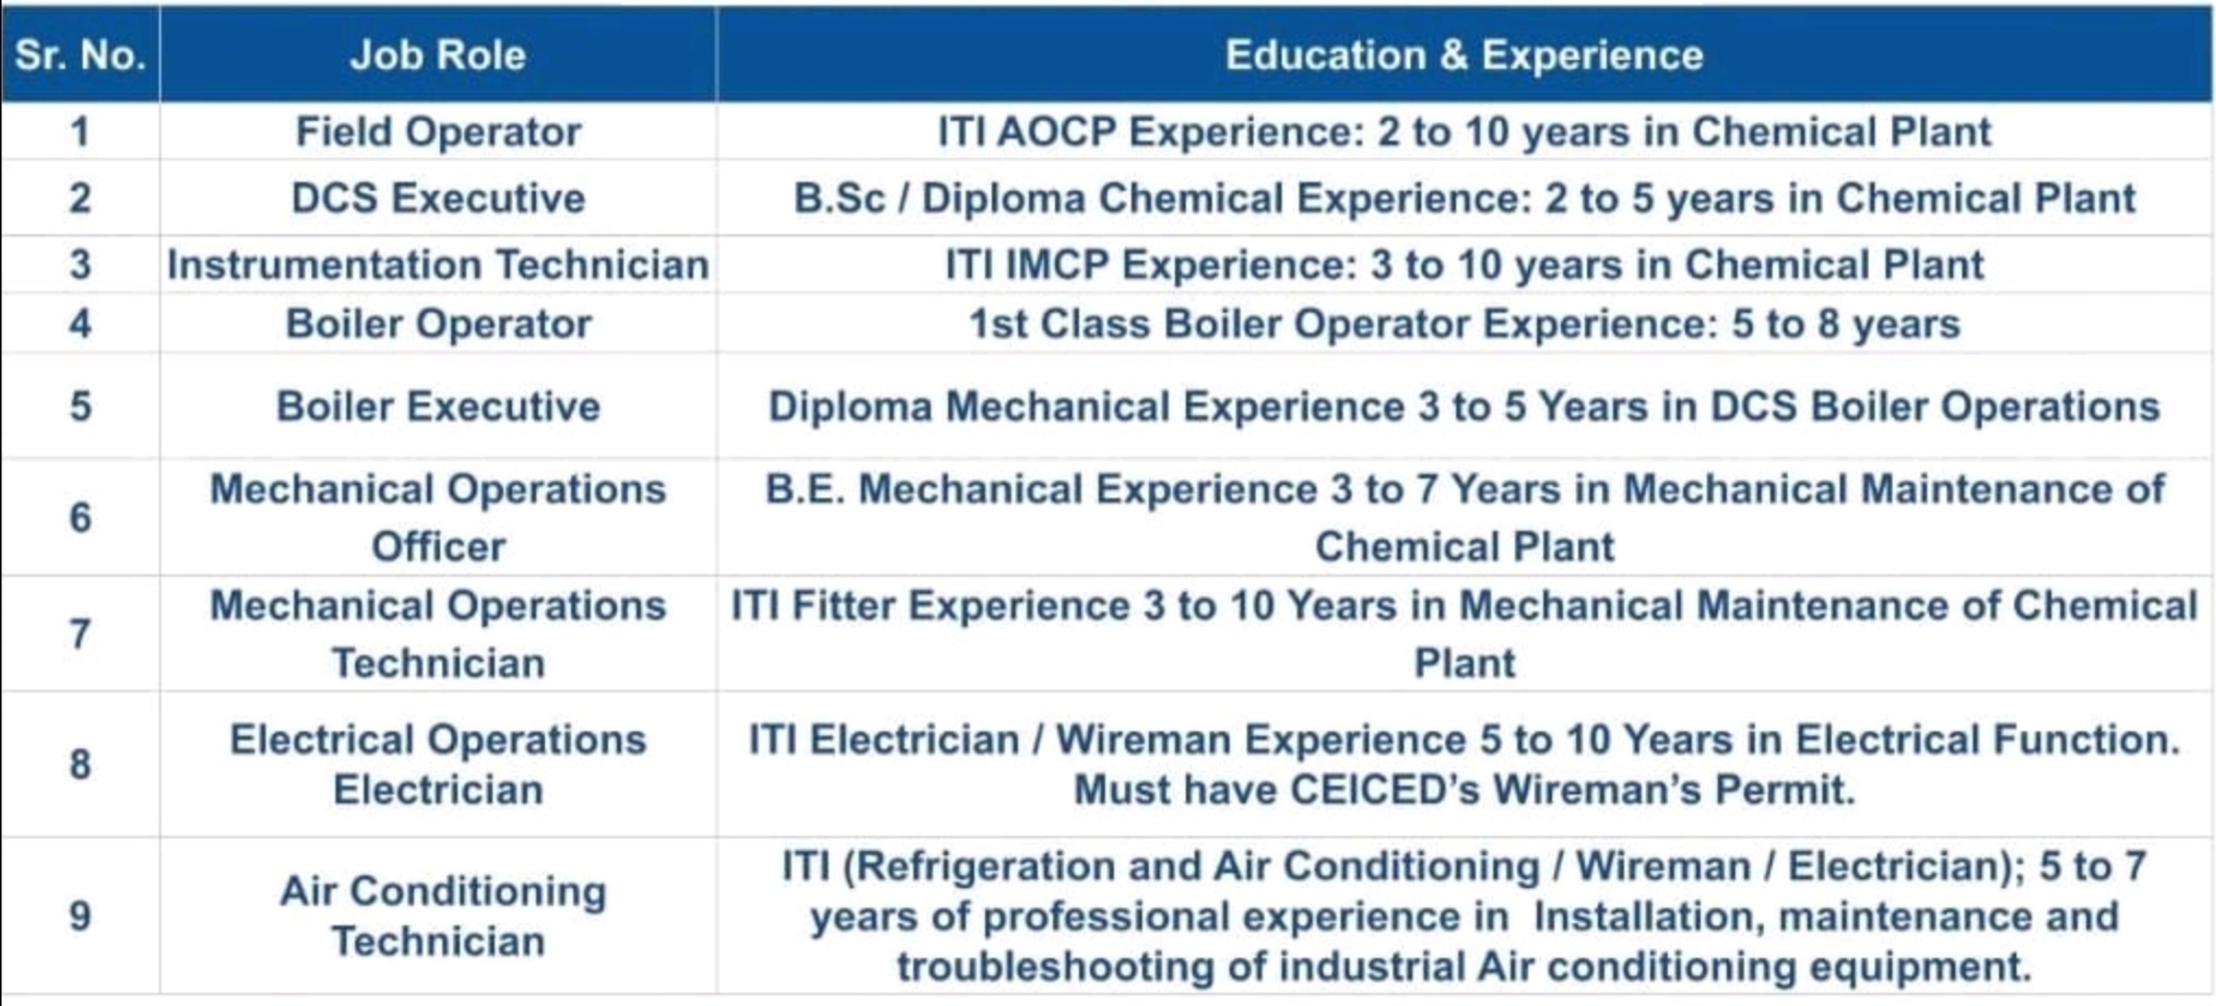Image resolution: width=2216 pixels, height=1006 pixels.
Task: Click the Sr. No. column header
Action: click(80, 55)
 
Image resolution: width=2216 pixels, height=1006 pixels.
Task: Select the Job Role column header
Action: click(438, 55)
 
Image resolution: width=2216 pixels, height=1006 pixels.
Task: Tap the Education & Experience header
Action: click(1464, 55)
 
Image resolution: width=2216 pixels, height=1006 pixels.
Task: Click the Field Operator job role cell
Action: click(438, 132)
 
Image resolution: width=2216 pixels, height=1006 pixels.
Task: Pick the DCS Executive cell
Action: click(438, 198)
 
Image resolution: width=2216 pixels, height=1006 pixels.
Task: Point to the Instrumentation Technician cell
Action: click(438, 264)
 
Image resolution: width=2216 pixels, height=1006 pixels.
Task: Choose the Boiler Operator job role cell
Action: click(438, 324)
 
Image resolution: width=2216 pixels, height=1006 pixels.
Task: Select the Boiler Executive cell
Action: click(438, 406)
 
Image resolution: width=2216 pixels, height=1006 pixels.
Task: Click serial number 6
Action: click(80, 517)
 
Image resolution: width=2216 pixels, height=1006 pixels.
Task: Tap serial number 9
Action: click(80, 916)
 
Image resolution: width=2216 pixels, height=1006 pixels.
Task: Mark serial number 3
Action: click(80, 264)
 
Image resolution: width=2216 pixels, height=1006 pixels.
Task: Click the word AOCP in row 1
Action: click(1056, 132)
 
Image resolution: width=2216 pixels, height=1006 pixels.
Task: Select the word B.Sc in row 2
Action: click(839, 198)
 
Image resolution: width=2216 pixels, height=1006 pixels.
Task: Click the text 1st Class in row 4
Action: click(1060, 324)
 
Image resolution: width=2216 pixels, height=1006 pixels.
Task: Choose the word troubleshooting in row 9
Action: click(1055, 966)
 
